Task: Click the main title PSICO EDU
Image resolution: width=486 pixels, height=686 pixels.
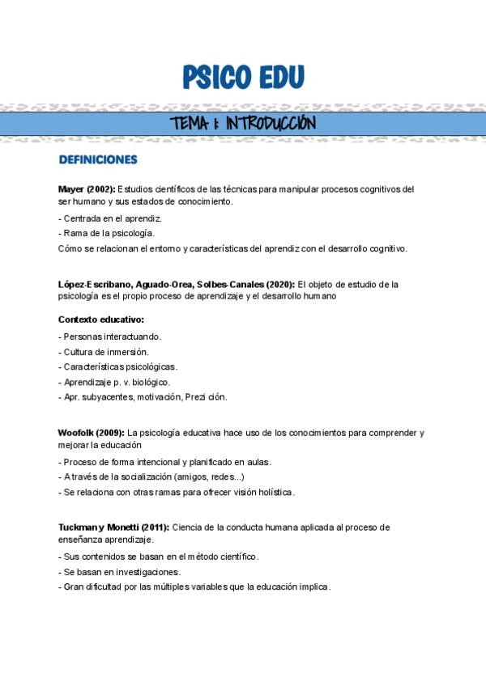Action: (x=243, y=77)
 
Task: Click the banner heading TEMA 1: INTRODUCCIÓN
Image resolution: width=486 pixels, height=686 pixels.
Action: (x=243, y=124)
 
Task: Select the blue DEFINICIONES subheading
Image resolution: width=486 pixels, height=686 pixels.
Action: (x=98, y=159)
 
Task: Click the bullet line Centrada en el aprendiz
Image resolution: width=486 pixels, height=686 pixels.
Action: (x=111, y=218)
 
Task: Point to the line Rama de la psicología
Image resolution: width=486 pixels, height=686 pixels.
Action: (x=106, y=233)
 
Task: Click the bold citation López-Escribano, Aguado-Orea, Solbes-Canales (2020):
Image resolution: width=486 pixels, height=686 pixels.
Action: (x=177, y=284)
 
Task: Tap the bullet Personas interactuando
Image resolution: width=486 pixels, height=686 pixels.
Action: (x=110, y=336)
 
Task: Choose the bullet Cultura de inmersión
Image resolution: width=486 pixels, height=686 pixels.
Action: (x=104, y=351)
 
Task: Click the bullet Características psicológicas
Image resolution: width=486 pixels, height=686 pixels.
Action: (x=117, y=366)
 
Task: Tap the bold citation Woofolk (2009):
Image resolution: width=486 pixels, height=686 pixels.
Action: (x=92, y=432)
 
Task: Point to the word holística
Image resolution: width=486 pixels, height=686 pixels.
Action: (x=275, y=492)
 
